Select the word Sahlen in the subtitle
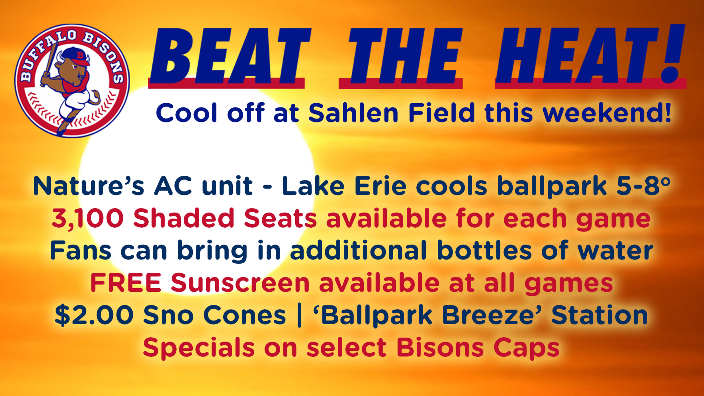click(x=353, y=113)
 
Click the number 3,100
click(x=88, y=219)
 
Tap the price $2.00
click(x=94, y=315)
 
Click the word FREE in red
click(x=126, y=282)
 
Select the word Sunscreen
click(x=240, y=282)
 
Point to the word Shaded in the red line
click(x=184, y=219)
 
